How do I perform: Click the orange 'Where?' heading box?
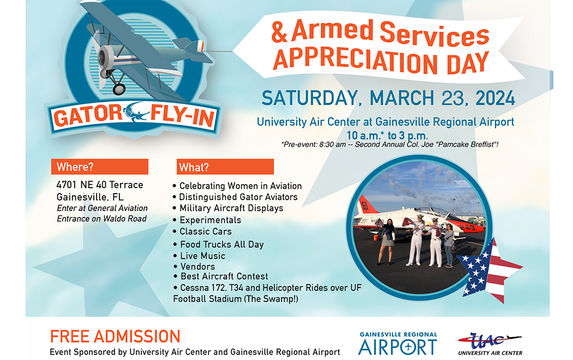(100, 166)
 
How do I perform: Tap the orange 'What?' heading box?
(225, 167)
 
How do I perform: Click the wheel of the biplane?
(119, 89)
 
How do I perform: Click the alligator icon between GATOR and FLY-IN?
(136, 112)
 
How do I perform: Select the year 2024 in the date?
(495, 98)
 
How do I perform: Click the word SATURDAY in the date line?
(309, 98)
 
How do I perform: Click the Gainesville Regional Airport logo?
(398, 343)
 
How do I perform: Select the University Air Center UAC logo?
(490, 344)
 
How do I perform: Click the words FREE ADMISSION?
(115, 336)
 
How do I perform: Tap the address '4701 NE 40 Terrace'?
(100, 185)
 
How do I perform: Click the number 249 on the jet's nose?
(467, 227)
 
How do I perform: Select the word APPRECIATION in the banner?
(355, 60)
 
